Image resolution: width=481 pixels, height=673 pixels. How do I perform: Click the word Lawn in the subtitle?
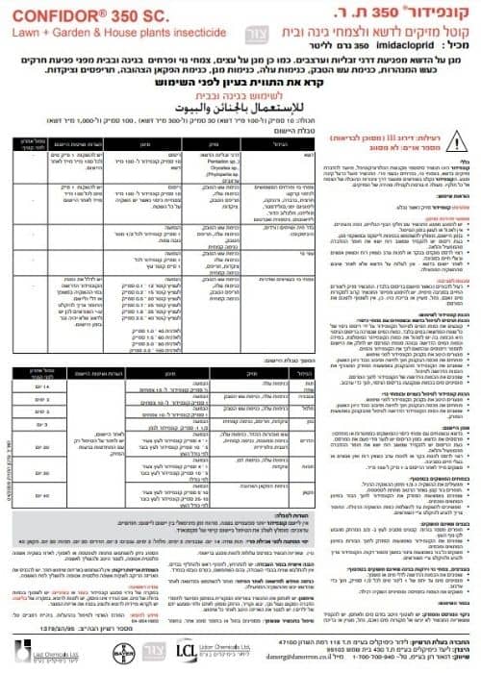click(x=19, y=32)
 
